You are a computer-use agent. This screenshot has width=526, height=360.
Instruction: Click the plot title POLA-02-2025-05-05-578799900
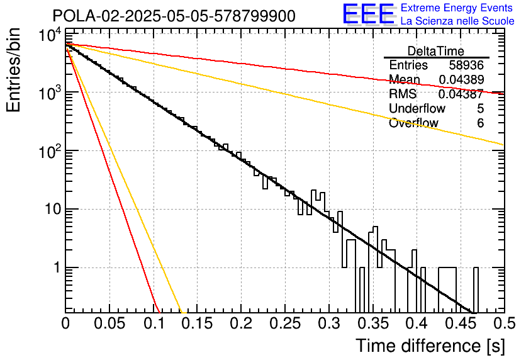tap(174, 16)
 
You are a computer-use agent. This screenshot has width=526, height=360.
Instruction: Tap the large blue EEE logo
tap(369, 14)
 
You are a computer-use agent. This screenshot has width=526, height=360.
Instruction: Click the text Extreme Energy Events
tap(457, 8)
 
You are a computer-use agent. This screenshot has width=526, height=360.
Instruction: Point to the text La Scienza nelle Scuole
tap(457, 21)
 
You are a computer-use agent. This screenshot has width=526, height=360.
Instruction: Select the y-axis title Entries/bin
tap(13, 70)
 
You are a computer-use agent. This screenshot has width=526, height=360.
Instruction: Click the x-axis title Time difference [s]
tap(430, 346)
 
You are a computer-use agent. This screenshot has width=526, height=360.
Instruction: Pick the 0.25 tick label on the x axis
tap(285, 323)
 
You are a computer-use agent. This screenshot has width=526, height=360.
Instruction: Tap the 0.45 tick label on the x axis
tap(461, 323)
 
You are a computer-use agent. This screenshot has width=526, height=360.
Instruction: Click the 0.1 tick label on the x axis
tap(154, 323)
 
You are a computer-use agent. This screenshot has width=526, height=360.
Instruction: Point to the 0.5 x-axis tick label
tap(505, 323)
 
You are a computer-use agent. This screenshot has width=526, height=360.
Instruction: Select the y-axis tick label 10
tap(53, 210)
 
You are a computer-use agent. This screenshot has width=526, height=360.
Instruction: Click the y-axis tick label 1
tap(57, 267)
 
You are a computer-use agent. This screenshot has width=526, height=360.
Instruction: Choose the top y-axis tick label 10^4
tap(50, 35)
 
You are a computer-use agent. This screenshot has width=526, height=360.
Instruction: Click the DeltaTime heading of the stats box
tap(436, 51)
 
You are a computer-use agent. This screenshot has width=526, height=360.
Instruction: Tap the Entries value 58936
tap(466, 65)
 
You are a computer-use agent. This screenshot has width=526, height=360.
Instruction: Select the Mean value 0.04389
tap(461, 79)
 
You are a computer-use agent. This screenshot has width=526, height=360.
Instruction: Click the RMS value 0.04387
tap(461, 94)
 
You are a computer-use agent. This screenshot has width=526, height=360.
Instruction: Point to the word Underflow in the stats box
tap(417, 108)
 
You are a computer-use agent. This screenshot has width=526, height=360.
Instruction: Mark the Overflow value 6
tap(480, 123)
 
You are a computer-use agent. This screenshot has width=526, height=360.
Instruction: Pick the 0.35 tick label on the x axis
tap(373, 323)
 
